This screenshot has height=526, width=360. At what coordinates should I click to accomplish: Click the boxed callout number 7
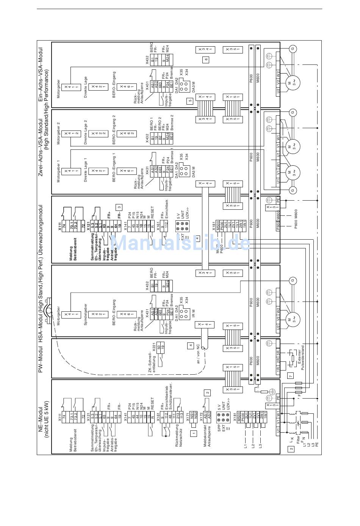(291, 376)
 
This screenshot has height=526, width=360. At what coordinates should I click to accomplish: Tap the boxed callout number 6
(206, 59)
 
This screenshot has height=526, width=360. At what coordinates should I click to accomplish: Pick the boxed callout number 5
(190, 101)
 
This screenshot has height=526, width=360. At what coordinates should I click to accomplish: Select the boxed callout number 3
(119, 207)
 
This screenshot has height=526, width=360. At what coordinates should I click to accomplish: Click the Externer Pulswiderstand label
(301, 358)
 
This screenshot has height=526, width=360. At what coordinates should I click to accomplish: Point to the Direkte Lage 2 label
(86, 132)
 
